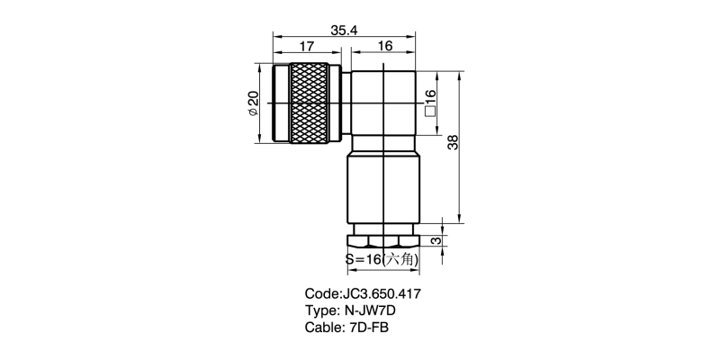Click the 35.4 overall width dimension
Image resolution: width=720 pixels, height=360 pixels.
[344, 30]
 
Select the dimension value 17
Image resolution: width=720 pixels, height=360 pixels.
[307, 47]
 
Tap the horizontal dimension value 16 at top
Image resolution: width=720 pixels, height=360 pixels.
[385, 46]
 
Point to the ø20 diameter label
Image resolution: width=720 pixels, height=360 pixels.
[253, 103]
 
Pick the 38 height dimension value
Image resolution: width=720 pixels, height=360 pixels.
[453, 142]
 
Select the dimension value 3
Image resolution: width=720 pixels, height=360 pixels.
[437, 240]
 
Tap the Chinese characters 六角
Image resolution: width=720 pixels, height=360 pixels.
[400, 260]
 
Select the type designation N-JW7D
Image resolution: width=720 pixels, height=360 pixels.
[370, 310]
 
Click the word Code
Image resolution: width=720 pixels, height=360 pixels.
[322, 293]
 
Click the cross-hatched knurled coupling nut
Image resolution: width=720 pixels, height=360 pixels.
[310, 103]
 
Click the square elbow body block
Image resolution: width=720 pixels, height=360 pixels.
[383, 103]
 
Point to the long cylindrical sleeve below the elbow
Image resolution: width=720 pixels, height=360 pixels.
[383, 190]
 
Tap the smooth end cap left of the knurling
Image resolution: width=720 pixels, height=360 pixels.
[281, 103]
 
